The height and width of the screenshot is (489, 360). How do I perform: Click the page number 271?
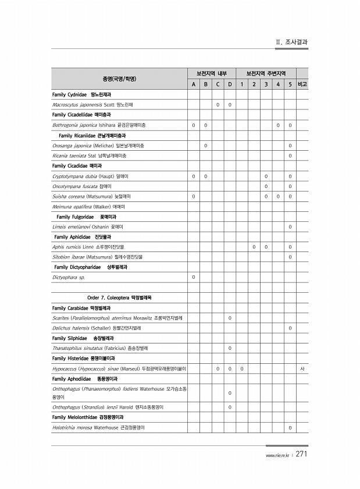[x=301, y=455]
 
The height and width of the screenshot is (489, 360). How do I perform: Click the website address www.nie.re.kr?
[x=277, y=456]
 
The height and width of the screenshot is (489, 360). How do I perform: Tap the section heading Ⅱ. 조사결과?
[x=292, y=42]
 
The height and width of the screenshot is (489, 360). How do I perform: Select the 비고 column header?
[x=302, y=84]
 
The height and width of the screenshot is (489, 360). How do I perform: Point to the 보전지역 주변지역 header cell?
[x=266, y=74]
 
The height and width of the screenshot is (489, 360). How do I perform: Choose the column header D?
[x=230, y=84]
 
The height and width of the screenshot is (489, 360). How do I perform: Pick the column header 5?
[x=290, y=84]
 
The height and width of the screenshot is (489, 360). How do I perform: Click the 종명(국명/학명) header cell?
[x=119, y=79]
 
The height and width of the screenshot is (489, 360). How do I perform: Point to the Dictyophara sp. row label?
[x=69, y=277]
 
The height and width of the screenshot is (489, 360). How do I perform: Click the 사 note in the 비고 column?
[x=302, y=368]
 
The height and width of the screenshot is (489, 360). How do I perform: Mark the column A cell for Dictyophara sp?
[x=194, y=277]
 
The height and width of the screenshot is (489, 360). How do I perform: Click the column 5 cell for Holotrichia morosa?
[x=290, y=428]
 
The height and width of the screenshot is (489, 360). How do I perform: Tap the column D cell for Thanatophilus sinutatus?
[x=230, y=348]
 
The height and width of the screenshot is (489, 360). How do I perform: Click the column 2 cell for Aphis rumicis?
[x=254, y=247]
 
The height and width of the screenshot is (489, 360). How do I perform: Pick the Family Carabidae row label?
[x=81, y=308]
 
